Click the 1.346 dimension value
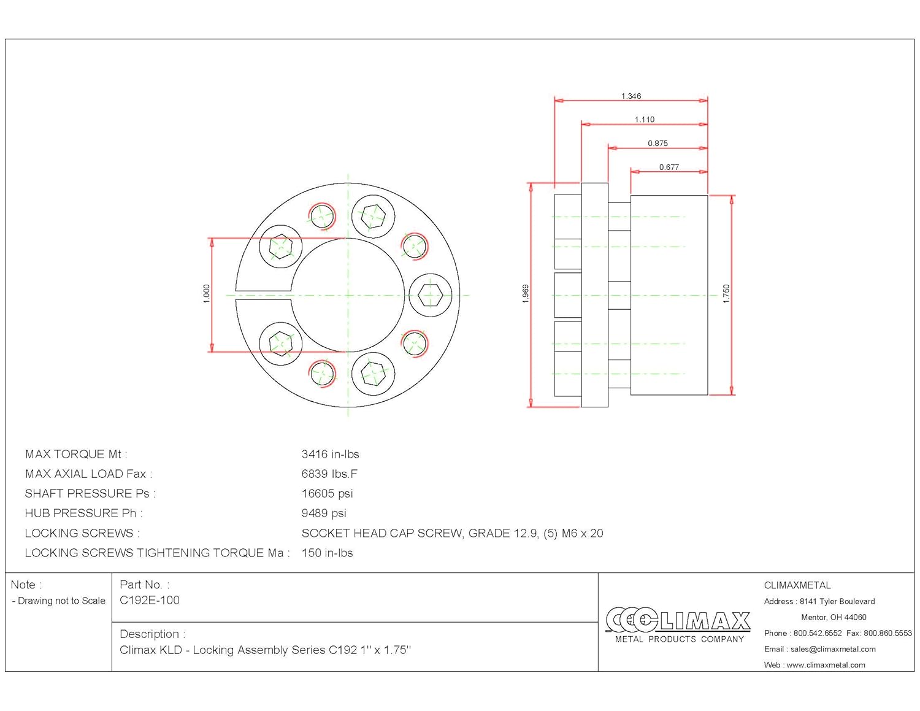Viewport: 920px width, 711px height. point(631,96)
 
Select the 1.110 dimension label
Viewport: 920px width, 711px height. point(645,120)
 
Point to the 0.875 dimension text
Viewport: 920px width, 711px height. point(657,144)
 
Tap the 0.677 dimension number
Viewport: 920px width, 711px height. point(669,167)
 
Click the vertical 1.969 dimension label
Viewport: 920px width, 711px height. point(526,294)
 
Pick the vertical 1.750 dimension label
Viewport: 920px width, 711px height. point(726,294)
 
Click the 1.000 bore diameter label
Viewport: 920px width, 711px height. point(207,294)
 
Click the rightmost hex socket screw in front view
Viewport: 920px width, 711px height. point(431,295)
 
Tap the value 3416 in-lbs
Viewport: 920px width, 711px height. point(330,455)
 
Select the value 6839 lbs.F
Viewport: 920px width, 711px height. point(329,474)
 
